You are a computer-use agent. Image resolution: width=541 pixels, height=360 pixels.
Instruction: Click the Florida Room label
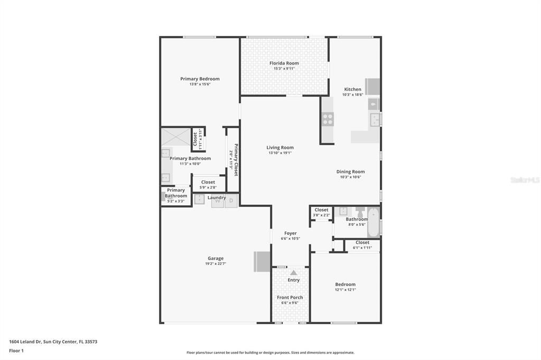click(284, 63)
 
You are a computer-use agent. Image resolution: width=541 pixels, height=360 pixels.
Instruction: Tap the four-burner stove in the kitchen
click(328, 119)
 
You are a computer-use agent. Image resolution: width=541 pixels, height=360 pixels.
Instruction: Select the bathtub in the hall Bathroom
click(373, 222)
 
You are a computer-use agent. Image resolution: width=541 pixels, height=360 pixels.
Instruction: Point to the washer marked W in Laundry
click(217, 201)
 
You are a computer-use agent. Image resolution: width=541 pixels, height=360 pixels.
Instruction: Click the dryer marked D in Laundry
click(231, 201)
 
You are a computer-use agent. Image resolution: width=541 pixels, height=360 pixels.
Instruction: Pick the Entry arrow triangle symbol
click(293, 273)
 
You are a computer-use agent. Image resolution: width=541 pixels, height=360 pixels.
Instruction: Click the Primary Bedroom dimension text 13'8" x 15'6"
click(200, 84)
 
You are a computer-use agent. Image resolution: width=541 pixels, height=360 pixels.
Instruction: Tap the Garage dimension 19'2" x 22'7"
click(215, 264)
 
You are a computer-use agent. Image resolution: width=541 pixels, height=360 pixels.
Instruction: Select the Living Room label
click(280, 148)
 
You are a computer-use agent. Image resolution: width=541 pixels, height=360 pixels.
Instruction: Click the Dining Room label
click(350, 172)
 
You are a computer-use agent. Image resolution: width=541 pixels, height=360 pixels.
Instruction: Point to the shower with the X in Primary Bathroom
click(175, 136)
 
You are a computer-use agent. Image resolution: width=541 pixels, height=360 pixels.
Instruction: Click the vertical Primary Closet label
click(236, 159)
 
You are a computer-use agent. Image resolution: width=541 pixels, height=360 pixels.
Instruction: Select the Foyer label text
click(291, 233)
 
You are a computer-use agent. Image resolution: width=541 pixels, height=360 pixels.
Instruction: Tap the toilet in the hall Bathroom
click(360, 212)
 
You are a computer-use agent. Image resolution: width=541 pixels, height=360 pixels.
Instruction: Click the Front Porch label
click(290, 298)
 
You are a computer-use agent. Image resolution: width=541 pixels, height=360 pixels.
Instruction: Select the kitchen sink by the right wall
click(375, 120)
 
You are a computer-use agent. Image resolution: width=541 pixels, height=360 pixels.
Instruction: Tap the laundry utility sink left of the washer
click(200, 199)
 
